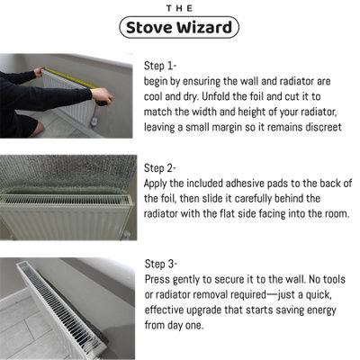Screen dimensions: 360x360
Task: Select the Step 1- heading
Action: coord(162,66)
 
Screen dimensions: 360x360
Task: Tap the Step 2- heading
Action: coord(162,167)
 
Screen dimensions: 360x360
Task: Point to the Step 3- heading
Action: coord(162,263)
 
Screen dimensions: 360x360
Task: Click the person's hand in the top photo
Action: coord(105,96)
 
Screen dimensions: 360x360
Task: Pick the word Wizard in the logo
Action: coord(207,27)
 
